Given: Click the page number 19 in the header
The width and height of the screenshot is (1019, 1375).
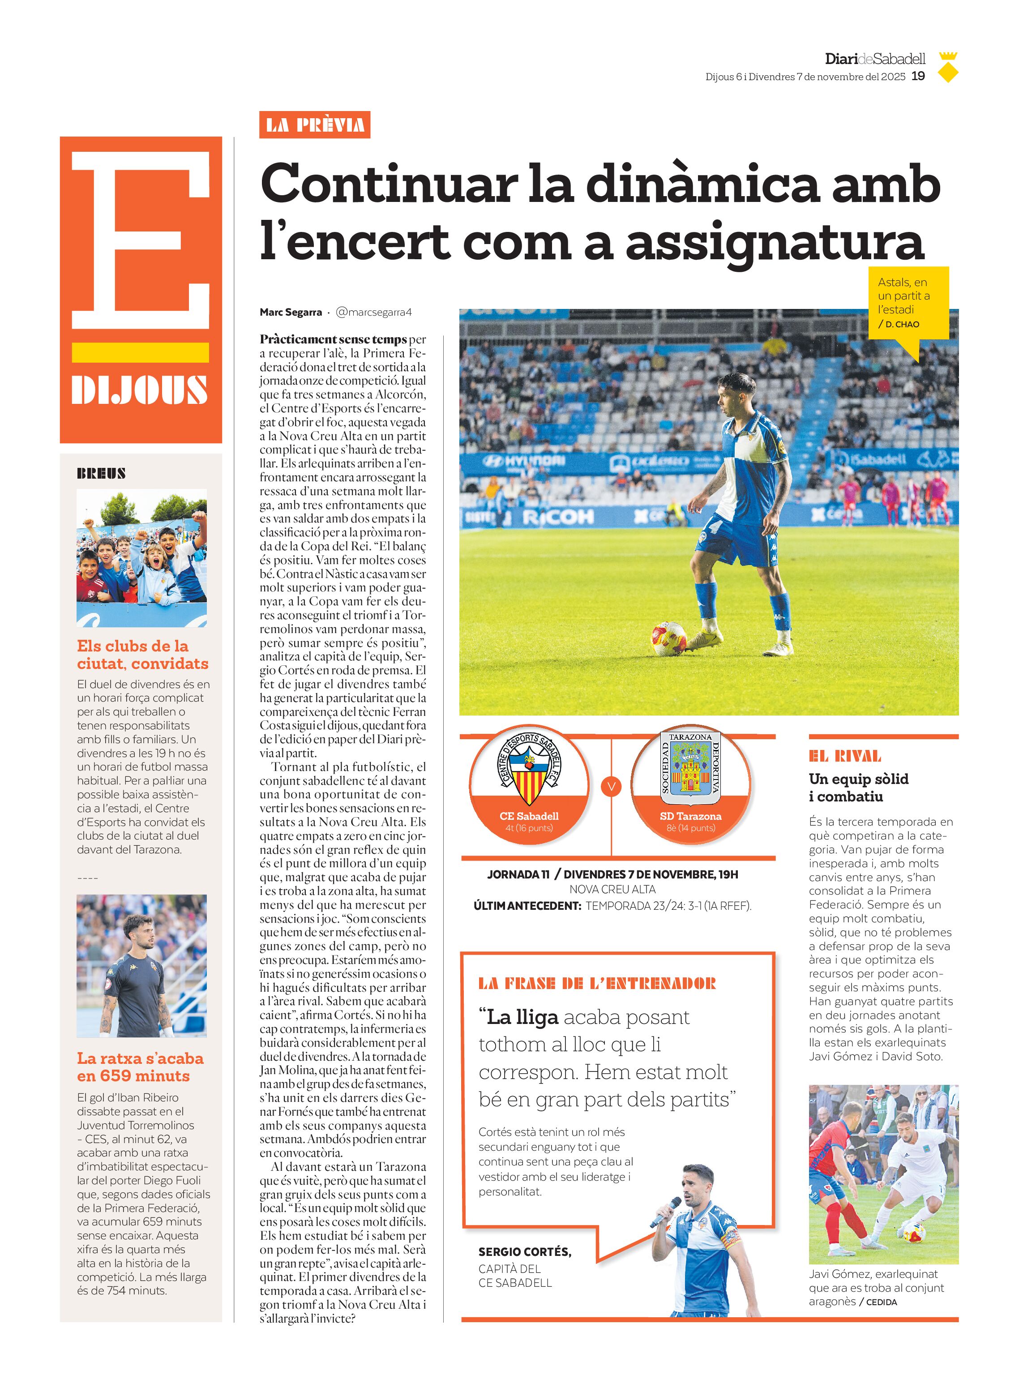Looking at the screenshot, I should pyautogui.click(x=918, y=77).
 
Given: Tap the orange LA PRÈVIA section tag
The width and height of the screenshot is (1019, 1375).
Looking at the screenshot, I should pyautogui.click(x=315, y=125).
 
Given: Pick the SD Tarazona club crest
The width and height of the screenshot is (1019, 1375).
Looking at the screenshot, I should pyautogui.click(x=690, y=765).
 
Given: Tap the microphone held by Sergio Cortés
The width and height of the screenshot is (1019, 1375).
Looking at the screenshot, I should pyautogui.click(x=666, y=1212).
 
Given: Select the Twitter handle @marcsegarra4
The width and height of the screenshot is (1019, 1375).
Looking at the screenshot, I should pyautogui.click(x=373, y=312).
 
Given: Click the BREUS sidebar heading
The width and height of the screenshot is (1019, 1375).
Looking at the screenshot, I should pyautogui.click(x=101, y=474).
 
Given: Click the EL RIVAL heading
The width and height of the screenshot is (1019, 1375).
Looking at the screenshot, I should pyautogui.click(x=844, y=756).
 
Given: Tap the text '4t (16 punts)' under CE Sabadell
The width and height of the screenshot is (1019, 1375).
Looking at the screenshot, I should pyautogui.click(x=529, y=828).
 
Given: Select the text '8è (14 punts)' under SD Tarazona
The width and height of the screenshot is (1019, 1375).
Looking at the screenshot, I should pyautogui.click(x=690, y=828).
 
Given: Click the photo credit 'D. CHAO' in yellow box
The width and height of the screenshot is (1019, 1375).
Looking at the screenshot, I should pyautogui.click(x=902, y=324).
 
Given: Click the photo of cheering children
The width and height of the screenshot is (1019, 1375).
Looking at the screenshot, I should pyautogui.click(x=141, y=557).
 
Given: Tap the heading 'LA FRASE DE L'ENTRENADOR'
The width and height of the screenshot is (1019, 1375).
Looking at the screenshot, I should pyautogui.click(x=596, y=983).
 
